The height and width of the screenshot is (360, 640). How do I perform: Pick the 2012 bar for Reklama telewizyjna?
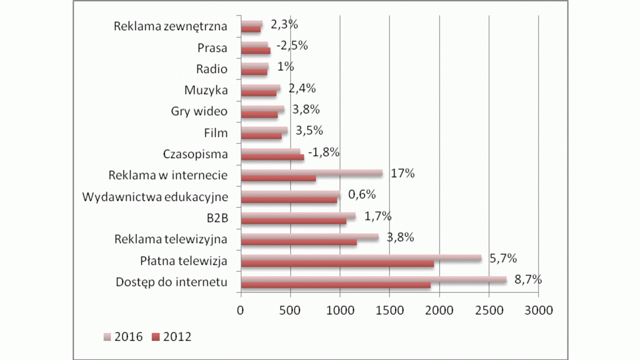tap(299, 243)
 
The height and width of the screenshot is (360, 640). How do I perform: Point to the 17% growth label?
tap(403, 174)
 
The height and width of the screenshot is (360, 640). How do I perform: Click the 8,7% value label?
tap(528, 279)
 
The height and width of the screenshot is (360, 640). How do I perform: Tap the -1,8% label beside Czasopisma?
tap(324, 153)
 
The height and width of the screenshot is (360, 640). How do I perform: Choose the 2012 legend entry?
tap(172, 337)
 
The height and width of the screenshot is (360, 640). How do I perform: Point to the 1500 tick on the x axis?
tap(389, 310)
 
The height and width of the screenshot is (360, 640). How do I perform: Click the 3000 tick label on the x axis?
tap(538, 310)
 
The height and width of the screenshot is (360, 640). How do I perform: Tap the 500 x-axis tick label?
tap(290, 310)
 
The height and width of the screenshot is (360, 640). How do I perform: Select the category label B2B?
tap(215, 218)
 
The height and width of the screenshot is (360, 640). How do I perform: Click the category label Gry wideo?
tap(199, 111)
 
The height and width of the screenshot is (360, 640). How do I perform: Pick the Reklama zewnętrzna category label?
tap(171, 26)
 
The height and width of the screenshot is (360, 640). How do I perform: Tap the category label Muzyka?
tap(206, 90)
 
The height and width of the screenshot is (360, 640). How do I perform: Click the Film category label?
tap(215, 133)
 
